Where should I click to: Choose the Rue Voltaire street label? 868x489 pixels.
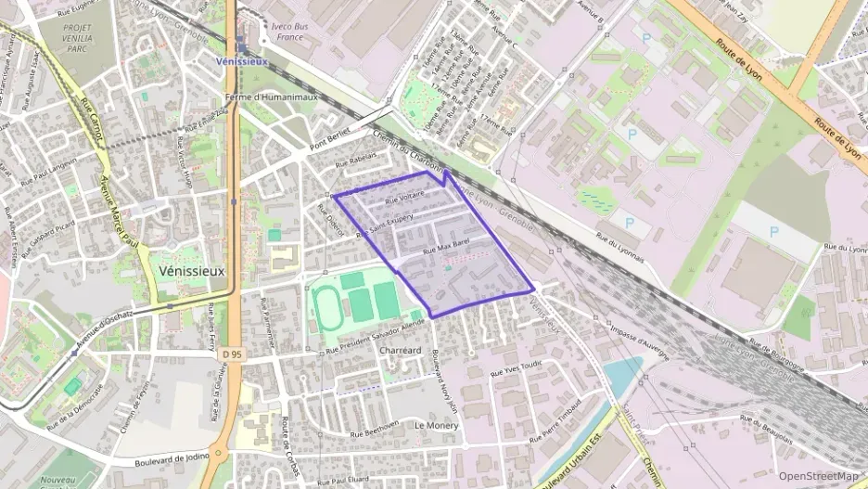tap(404, 196)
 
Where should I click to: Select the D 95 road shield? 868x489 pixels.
tap(234, 353)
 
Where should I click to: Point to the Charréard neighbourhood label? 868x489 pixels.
tap(401, 351)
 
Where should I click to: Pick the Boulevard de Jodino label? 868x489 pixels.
tap(172, 458)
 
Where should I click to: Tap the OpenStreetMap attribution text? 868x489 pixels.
tap(818, 476)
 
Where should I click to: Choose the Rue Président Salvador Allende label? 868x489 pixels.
tap(375, 334)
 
